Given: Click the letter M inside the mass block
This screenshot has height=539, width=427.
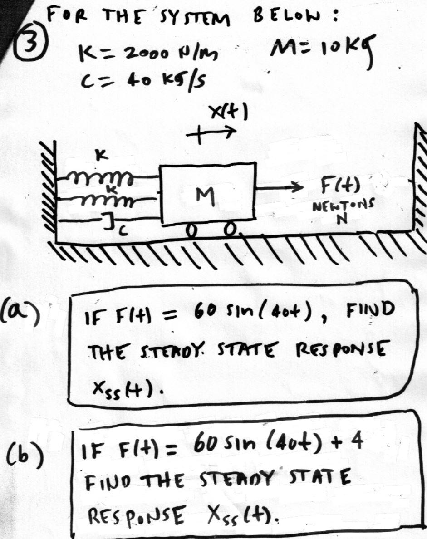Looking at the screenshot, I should tap(207, 196).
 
